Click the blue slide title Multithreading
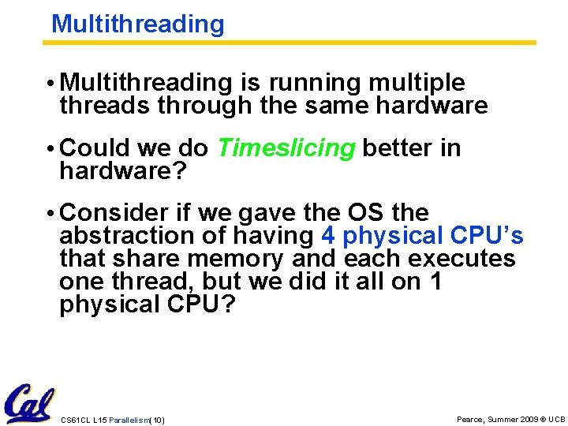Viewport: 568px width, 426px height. (137, 24)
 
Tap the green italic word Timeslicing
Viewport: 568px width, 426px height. (286, 148)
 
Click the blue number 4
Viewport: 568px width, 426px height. (328, 236)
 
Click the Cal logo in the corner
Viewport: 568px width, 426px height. (28, 403)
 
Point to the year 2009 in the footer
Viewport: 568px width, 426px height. (529, 419)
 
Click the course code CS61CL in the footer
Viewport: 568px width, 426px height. (75, 420)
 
